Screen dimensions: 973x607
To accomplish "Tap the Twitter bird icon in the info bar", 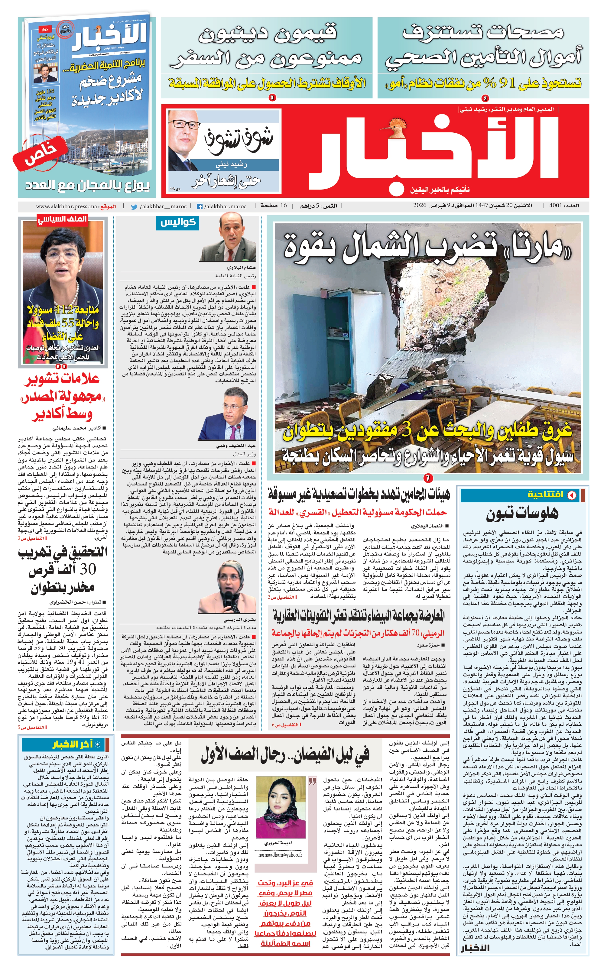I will click(134, 207).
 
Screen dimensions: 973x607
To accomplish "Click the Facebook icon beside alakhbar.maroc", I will click(199, 207).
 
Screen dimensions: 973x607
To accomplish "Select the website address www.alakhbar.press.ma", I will click(66, 207).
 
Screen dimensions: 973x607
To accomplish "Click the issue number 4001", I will click(556, 206).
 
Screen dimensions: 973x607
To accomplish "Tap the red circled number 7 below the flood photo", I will click(428, 478).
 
